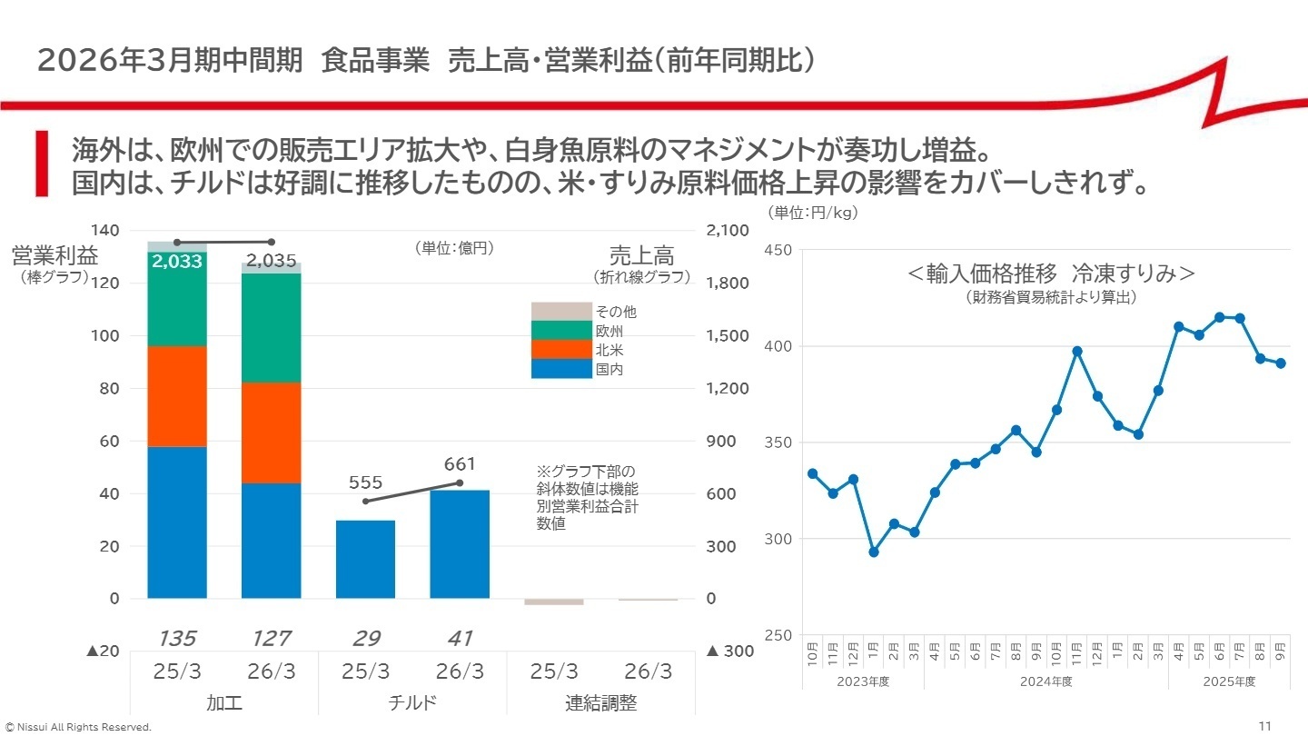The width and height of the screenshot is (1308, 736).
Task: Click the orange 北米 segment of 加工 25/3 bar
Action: [x=177, y=396]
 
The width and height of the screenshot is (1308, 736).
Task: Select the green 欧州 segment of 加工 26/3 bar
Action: [x=271, y=327]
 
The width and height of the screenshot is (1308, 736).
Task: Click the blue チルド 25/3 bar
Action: [x=365, y=559]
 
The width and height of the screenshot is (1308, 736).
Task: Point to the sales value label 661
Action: [x=460, y=464]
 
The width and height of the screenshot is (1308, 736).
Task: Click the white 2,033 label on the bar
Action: [x=177, y=262]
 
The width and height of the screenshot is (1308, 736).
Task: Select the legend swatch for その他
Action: [x=560, y=311]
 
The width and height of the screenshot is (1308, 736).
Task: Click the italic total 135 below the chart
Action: [x=177, y=639]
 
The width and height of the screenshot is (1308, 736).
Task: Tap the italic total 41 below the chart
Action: [x=460, y=639]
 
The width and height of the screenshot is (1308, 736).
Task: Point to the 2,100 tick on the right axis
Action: [x=728, y=231]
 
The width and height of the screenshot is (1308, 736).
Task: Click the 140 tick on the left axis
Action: [x=106, y=231]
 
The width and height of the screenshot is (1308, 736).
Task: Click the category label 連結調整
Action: [x=601, y=702]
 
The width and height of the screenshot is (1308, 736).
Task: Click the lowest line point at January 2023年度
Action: [x=874, y=552]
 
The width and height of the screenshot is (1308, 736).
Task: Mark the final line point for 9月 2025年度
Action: [x=1281, y=363]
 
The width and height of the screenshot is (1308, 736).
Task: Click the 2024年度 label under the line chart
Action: [x=1045, y=681]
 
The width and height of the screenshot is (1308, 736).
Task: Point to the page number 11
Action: [x=1265, y=725]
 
